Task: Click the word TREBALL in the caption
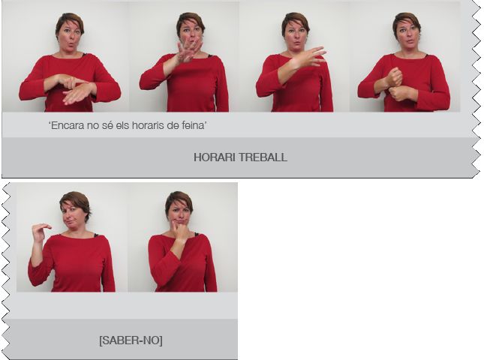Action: coord(263,157)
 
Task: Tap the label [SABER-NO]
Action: coord(131,340)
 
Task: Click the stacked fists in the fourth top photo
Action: coord(395,84)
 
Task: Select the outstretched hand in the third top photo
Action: coord(308,57)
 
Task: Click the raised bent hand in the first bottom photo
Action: coord(41,232)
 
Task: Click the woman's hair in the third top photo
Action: coord(295,21)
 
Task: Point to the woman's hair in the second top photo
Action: coord(190,21)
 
